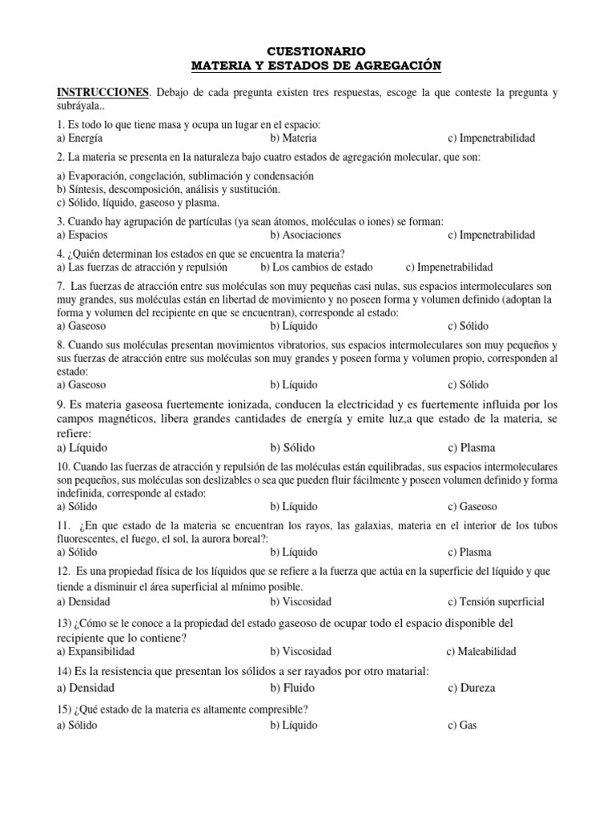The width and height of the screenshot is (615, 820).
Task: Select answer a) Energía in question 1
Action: pyautogui.click(x=80, y=138)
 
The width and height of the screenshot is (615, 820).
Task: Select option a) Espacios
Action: pyautogui.click(x=82, y=235)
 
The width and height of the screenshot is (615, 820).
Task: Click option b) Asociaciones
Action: pyautogui.click(x=305, y=235)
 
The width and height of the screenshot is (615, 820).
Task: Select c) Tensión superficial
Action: pyautogui.click(x=496, y=601)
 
